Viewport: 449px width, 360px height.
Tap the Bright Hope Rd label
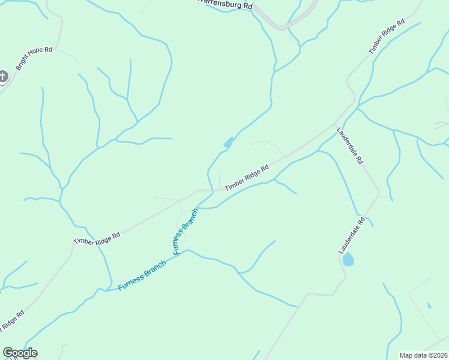(x=34, y=59)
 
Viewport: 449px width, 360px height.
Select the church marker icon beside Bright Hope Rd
(x=3, y=76)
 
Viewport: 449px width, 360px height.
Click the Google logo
(x=20, y=353)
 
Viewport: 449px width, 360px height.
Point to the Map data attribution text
(x=423, y=355)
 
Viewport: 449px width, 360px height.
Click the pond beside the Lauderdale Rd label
(x=348, y=260)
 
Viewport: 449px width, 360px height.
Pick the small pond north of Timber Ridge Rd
(x=228, y=142)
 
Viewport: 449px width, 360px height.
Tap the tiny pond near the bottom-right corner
(x=429, y=305)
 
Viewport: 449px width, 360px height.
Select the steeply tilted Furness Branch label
(x=185, y=232)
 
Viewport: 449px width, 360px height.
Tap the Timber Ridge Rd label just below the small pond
(x=246, y=179)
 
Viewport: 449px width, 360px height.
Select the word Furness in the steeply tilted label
(x=181, y=241)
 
